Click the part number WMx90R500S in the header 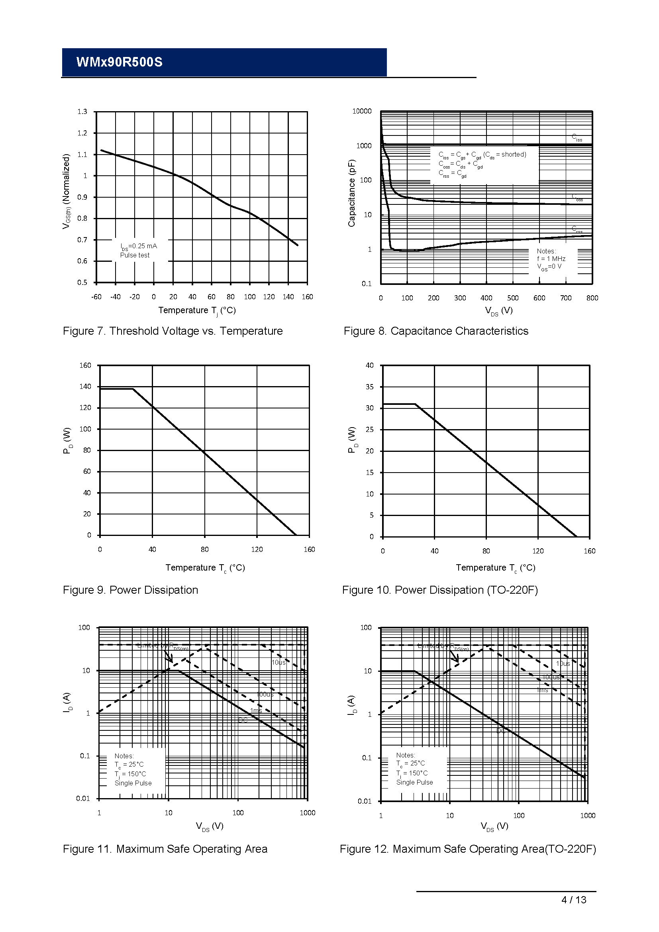(x=119, y=62)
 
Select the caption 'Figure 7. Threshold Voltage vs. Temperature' (x=173, y=331)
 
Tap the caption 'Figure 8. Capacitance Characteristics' (x=436, y=331)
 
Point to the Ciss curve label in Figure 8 (x=577, y=137)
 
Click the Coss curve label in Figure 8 (x=577, y=197)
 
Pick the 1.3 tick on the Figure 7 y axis (x=82, y=112)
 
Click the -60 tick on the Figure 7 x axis (x=96, y=297)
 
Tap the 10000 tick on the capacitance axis (x=362, y=111)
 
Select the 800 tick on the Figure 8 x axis (x=592, y=298)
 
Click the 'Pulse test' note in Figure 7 (x=135, y=255)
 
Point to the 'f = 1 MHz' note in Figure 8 (x=551, y=259)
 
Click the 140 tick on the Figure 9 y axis (x=85, y=387)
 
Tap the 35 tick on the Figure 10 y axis (x=370, y=387)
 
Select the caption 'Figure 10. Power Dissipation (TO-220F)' (x=440, y=590)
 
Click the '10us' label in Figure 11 (x=279, y=663)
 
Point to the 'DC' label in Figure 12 (x=501, y=731)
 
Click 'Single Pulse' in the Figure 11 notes (x=133, y=783)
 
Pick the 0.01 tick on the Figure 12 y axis (x=365, y=801)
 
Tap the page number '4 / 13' (x=574, y=900)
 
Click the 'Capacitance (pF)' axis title (x=351, y=193)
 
